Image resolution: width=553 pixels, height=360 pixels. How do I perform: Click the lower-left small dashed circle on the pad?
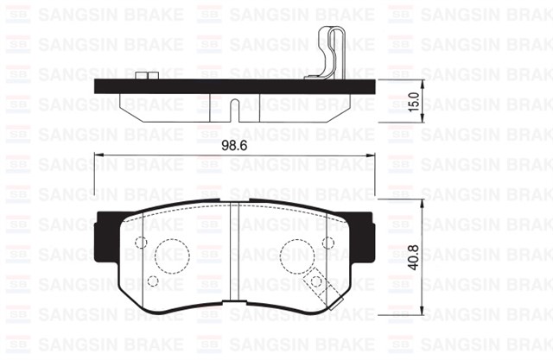pyautogui.click(x=154, y=281)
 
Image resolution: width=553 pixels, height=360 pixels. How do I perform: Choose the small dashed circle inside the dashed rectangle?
pyautogui.click(x=316, y=280)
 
